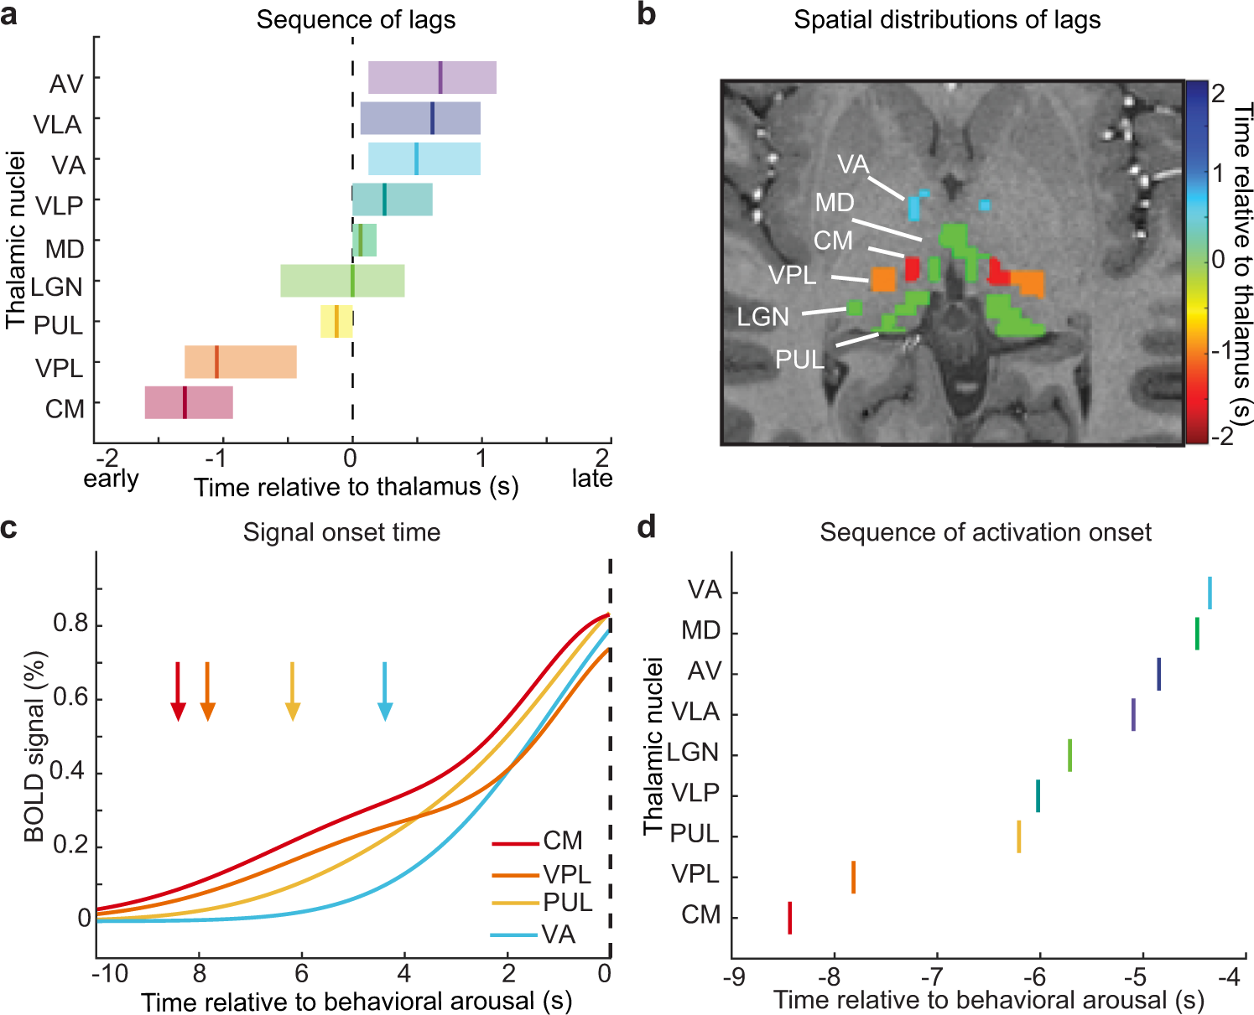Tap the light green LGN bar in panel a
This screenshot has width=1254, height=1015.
[x=342, y=281]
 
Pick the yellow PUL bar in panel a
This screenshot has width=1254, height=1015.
[x=336, y=321]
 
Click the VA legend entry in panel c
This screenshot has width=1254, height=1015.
[x=558, y=934]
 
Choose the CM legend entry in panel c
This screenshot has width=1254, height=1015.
[x=562, y=841]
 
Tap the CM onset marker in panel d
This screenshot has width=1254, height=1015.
[x=789, y=918]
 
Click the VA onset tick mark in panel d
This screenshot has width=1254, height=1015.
[x=1210, y=593]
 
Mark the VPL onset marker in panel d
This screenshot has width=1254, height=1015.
[x=853, y=877]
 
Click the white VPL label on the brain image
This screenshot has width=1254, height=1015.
[x=792, y=275]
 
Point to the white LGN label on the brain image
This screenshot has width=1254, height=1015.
[x=762, y=317]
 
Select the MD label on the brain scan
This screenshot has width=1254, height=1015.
[x=834, y=203]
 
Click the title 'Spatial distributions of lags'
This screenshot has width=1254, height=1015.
[x=947, y=19]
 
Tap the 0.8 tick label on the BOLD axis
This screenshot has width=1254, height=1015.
[x=71, y=624]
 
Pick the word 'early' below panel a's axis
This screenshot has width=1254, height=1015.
[x=111, y=479]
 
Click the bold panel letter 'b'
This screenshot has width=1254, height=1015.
[x=646, y=14]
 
